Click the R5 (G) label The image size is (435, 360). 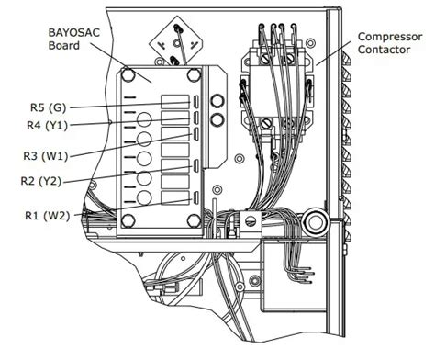click(48, 107)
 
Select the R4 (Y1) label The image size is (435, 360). click(47, 126)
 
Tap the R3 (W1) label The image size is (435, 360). click(46, 156)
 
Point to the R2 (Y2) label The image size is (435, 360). click(41, 181)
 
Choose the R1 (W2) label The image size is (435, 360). click(47, 216)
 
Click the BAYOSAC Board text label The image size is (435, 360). click(74, 39)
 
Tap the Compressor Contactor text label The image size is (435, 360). click(390, 43)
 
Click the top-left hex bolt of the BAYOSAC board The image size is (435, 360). click(128, 74)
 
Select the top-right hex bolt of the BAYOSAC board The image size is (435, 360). click(194, 74)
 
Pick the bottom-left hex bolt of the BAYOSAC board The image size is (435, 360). click(128, 220)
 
